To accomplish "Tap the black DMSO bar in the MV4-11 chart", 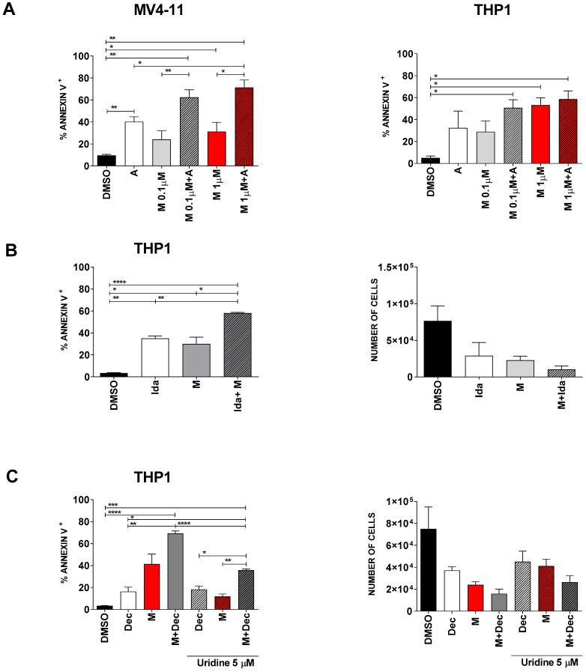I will (x=116, y=160).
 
